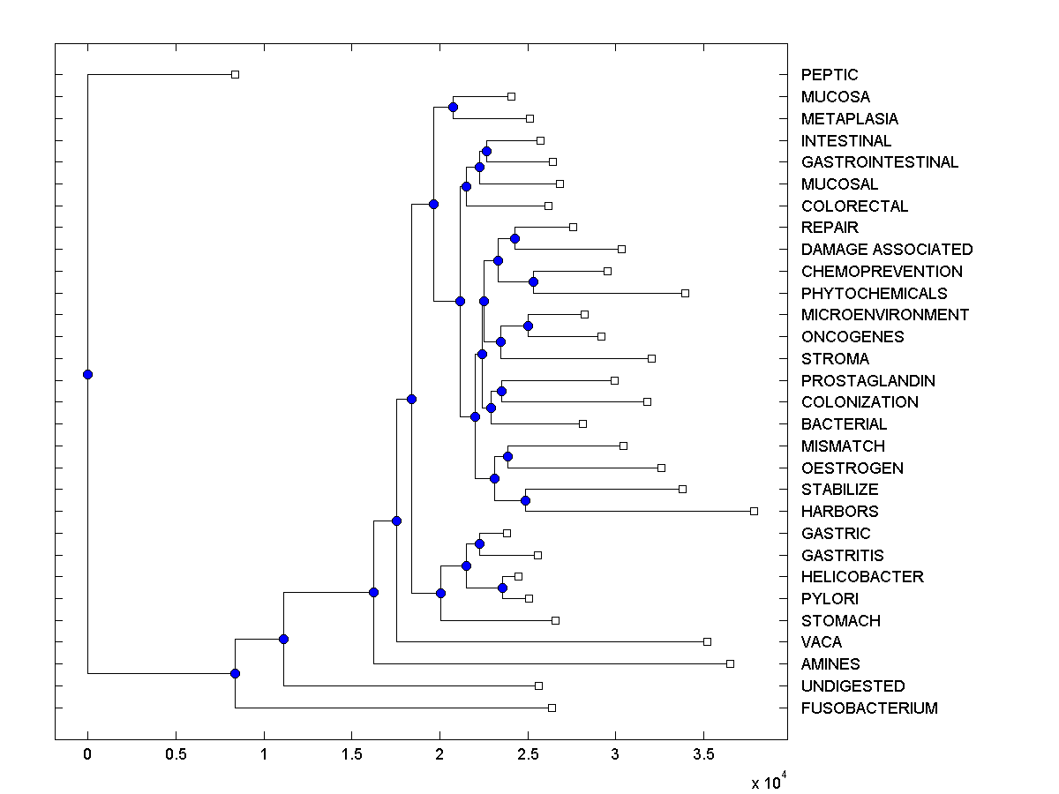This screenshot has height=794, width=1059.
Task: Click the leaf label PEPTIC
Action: tap(829, 75)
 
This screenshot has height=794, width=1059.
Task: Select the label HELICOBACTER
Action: tap(861, 577)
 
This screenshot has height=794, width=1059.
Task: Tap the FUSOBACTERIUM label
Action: tap(868, 708)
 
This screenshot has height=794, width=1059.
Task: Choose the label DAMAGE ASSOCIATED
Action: tap(886, 250)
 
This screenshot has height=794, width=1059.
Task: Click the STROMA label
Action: tap(834, 359)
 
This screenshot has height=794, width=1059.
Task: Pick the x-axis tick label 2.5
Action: tap(528, 755)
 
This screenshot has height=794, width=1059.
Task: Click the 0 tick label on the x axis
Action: tap(87, 755)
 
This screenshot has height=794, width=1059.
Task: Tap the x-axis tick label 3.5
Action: tap(703, 755)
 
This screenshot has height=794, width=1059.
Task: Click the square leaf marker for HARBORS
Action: tap(754, 511)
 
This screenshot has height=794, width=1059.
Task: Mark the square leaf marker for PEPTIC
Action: tap(235, 74)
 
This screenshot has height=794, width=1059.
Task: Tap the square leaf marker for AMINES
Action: tap(730, 663)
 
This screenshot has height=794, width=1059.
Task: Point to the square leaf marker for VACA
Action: tap(707, 641)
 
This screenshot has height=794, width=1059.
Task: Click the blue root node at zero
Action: tap(87, 374)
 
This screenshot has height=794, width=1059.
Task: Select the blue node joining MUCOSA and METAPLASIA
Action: tap(453, 107)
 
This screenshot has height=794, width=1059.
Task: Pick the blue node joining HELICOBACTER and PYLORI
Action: tap(502, 588)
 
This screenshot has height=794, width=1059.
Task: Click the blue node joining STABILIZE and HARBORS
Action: tap(525, 500)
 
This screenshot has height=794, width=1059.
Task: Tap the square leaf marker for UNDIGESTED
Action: tap(538, 685)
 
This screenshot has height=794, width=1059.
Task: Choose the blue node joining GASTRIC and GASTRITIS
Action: tap(479, 543)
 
